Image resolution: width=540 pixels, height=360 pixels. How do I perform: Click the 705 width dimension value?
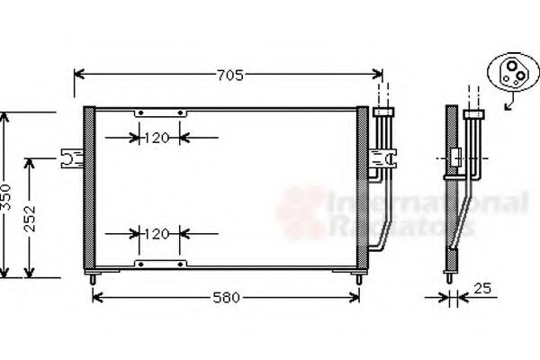tap(230, 76)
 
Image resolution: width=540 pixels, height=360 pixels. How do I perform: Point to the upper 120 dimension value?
tap(157, 139)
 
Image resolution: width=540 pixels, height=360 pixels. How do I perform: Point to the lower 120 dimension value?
tap(157, 234)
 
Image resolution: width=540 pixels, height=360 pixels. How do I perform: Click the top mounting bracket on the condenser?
tap(161, 112)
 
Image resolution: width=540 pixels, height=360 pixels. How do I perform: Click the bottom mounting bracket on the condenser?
tap(161, 263)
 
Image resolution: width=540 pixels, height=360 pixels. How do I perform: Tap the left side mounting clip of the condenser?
tap(70, 158)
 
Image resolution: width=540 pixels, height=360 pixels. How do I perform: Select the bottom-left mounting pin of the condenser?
tap(93, 278)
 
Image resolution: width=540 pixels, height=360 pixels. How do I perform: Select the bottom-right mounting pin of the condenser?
tap(360, 278)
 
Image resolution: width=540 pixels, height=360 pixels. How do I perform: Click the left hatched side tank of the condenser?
tap(88, 189)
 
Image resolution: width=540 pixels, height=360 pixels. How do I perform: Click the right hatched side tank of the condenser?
tap(362, 189)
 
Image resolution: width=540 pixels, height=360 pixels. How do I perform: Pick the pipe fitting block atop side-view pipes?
tap(472, 114)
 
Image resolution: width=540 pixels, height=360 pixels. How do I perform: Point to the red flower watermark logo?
tap(300, 212)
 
